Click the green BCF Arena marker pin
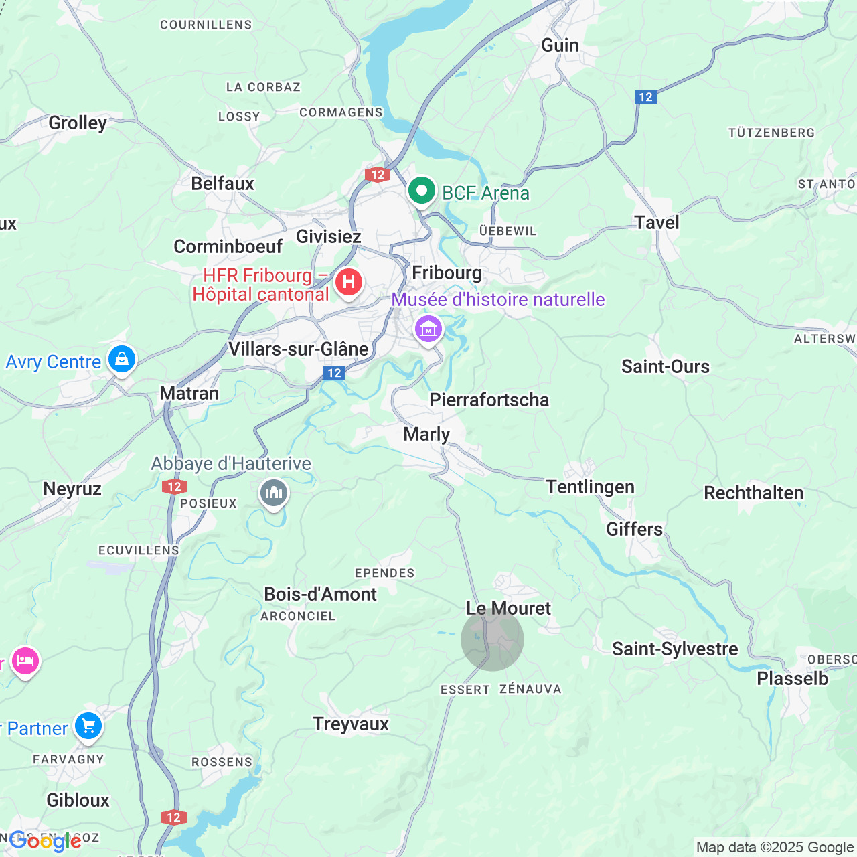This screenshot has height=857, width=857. pos(422,192)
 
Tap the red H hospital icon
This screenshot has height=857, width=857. pos(348,282)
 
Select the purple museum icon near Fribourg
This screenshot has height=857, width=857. pos(428,329)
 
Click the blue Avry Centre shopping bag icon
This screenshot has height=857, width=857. pos(122,360)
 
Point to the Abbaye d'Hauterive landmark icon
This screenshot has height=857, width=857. pos(273,494)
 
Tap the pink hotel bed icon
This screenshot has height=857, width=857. pos(25,661)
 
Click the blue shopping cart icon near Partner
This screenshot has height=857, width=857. pos(88,726)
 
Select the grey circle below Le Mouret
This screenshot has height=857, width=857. pos(492,639)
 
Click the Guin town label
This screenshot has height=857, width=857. pos(560,45)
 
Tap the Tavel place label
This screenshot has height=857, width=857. pos(656,222)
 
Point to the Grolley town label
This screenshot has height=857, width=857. pos(78,123)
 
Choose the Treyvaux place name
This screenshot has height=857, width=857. pos(351,724)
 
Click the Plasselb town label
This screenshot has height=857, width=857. pos(792,678)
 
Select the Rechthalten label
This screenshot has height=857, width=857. pos(753,493)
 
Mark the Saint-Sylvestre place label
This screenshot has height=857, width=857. pos(675,649)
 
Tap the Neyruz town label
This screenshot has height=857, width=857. pos(72,489)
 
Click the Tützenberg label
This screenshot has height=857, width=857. pos(771,133)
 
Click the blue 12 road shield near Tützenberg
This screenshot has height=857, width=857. pos(645,97)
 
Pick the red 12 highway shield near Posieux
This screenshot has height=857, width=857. pos(174,487)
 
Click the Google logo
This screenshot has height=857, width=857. pos(45,841)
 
